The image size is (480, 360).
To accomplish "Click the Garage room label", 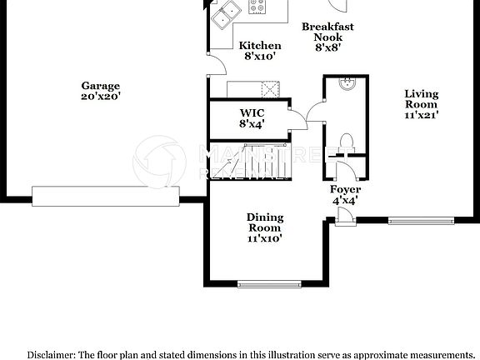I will click(x=100, y=85).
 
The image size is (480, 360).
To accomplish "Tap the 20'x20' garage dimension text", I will click(x=100, y=96).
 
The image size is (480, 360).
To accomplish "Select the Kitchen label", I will click(x=260, y=45).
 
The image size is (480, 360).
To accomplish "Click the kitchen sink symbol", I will click(x=223, y=14).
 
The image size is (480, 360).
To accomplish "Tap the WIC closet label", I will click(x=252, y=112).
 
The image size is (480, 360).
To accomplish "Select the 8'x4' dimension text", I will click(x=252, y=124).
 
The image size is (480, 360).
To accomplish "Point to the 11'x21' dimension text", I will click(x=421, y=115).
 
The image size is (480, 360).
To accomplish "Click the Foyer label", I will click(x=346, y=190).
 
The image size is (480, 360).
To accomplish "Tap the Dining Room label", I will click(x=264, y=222).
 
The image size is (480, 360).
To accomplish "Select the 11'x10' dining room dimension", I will click(x=264, y=238).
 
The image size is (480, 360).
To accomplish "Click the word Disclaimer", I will click(x=51, y=353).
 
